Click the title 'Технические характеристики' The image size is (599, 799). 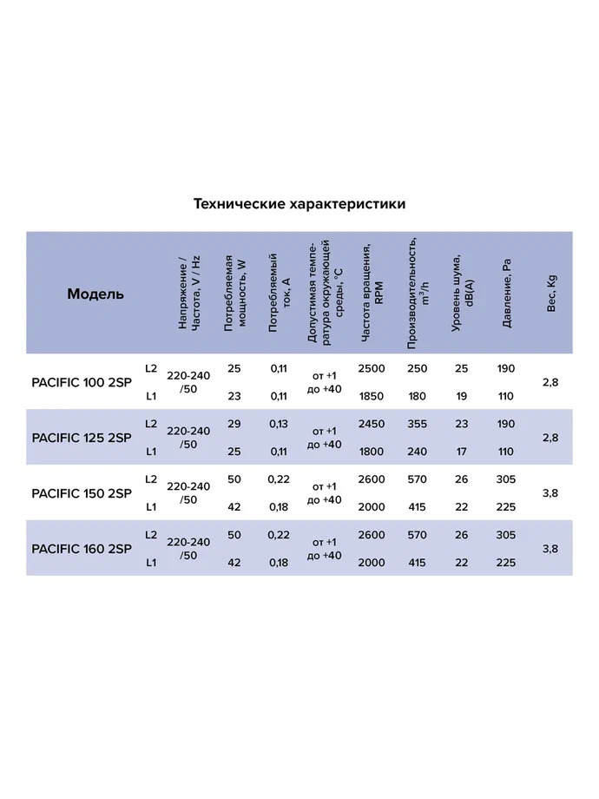(299, 204)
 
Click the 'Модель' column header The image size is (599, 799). (95, 294)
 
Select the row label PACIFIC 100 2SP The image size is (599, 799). (82, 382)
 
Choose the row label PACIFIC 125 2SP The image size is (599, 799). (82, 437)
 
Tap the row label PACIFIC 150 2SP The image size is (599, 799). (82, 492)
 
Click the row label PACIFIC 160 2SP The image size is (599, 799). (82, 548)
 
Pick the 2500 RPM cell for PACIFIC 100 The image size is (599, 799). (371, 368)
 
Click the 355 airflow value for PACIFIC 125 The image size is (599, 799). (417, 424)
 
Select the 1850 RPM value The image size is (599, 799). (371, 396)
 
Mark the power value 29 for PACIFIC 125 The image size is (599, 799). (234, 424)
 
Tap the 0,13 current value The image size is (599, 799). (279, 424)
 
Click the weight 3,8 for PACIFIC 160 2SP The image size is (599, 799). (550, 548)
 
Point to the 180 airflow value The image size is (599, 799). (417, 396)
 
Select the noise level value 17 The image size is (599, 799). (462, 452)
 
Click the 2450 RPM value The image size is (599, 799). (371, 424)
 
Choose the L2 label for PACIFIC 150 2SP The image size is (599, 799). (151, 479)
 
